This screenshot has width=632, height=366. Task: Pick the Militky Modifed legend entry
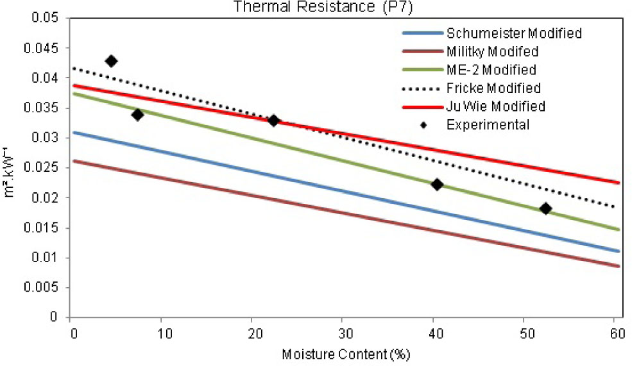[x=492, y=51]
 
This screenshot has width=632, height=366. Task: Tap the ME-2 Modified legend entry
[x=491, y=69]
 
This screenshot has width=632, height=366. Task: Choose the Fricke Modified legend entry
[x=493, y=88]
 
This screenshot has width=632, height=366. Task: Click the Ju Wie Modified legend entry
[x=496, y=106]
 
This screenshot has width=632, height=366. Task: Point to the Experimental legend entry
[x=488, y=125]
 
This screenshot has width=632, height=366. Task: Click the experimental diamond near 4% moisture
[x=111, y=61]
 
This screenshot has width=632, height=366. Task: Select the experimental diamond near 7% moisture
[x=137, y=115]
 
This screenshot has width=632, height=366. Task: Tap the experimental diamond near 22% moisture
[x=273, y=121]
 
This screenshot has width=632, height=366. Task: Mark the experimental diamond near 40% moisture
[x=437, y=185]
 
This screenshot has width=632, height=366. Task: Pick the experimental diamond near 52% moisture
[x=546, y=208]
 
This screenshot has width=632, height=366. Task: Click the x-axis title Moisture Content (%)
[x=346, y=354]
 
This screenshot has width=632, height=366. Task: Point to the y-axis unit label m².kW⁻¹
[x=9, y=169]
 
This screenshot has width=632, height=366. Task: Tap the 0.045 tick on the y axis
[x=47, y=48]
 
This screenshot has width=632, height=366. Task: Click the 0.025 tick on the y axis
[x=47, y=168]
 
